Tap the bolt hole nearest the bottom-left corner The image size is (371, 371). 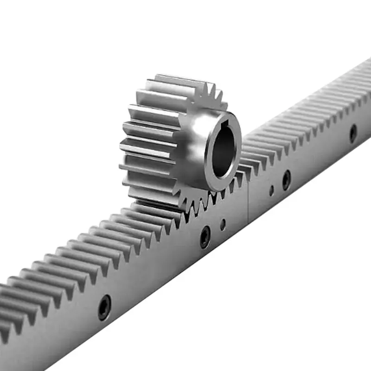(x=104, y=307)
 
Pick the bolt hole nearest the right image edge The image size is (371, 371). (x=353, y=134)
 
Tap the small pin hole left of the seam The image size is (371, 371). (x=223, y=224)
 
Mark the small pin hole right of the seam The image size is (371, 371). (x=271, y=190)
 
